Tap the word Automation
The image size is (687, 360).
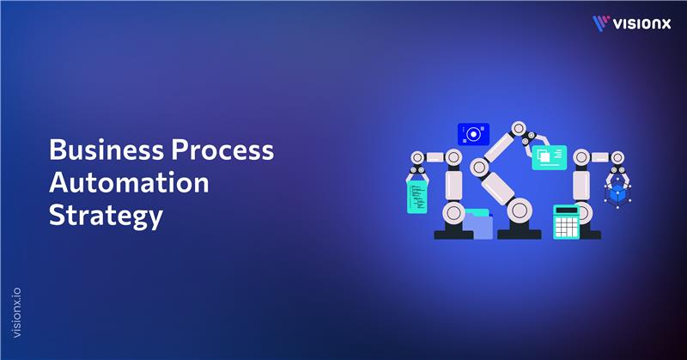pyautogui.click(x=128, y=182)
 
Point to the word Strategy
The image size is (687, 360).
pyautogui.click(x=105, y=214)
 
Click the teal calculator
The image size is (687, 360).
pyautogui.click(x=566, y=223)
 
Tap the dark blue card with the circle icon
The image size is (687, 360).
pyautogui.click(x=473, y=133)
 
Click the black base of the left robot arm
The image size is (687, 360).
pyautogui.click(x=453, y=233)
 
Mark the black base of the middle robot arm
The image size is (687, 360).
pyautogui.click(x=520, y=233)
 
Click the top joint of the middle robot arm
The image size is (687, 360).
pyautogui.click(x=517, y=129)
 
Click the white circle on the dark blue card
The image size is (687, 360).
pyautogui.click(x=471, y=133)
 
